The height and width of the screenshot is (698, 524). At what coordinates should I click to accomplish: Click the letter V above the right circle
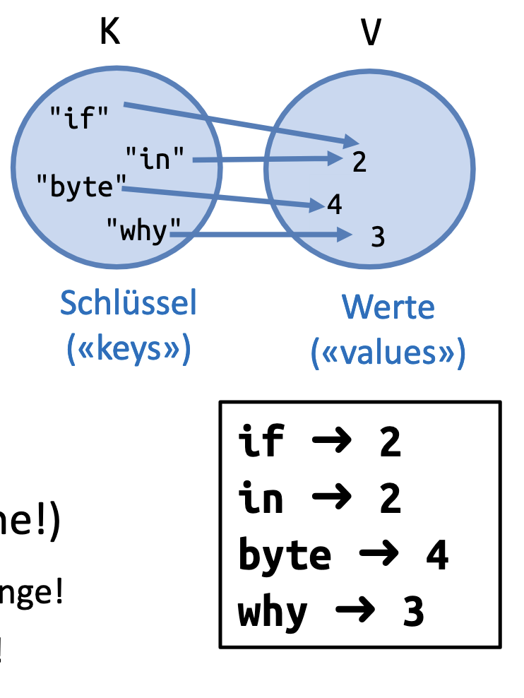point(371,32)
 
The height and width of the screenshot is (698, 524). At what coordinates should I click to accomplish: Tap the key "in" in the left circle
point(157,158)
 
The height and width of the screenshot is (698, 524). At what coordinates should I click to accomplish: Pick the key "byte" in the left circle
point(80,188)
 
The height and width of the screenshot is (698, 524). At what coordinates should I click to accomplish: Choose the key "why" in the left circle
point(138,230)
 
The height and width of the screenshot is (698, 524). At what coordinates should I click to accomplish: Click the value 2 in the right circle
point(359,162)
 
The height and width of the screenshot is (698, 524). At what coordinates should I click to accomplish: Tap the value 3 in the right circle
point(378,237)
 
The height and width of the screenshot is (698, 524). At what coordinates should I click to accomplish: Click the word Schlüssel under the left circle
point(128,303)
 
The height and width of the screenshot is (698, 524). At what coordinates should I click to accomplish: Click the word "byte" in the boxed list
point(285,555)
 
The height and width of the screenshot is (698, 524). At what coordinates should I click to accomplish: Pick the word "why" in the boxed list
point(273,612)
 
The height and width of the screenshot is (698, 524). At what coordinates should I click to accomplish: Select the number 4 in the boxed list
point(436,555)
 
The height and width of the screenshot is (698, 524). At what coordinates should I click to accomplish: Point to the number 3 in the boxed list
point(413,612)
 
